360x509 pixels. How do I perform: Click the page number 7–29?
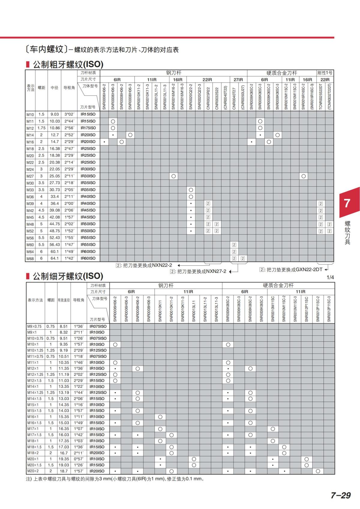click(x=340, y=495)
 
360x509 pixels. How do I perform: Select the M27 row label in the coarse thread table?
click(x=30, y=176)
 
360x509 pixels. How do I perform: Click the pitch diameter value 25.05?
click(x=54, y=176)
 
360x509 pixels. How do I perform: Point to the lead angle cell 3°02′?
click(x=69, y=114)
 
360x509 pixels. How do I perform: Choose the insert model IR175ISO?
click(x=88, y=128)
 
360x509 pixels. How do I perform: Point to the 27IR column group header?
click(x=238, y=79)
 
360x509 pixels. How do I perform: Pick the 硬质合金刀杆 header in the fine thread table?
click(x=278, y=285)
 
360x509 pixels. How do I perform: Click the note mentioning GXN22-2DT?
click(x=292, y=269)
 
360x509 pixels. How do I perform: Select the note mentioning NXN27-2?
click(x=198, y=271)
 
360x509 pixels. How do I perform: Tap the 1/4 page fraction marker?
click(x=330, y=277)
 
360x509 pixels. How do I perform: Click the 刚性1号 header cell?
click(x=325, y=73)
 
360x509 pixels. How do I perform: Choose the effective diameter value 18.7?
click(x=64, y=471)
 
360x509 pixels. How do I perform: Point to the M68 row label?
click(x=30, y=258)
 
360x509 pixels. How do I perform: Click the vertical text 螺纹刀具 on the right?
click(x=347, y=233)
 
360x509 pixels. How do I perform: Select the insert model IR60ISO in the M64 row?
click(x=88, y=251)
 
